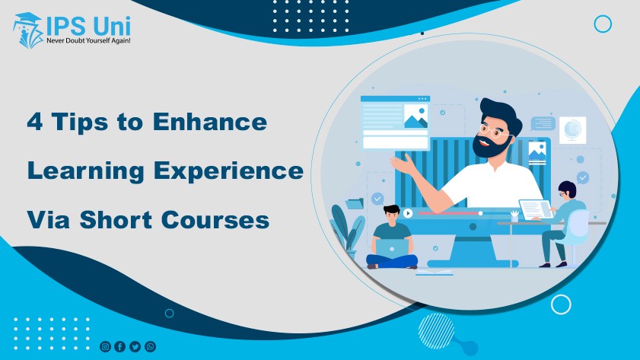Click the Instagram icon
[105, 346]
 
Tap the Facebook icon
[120, 346]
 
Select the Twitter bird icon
[135, 346]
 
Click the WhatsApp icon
[150, 346]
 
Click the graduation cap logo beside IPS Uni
[27, 30]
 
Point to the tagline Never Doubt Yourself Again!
[88, 41]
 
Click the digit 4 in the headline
[35, 122]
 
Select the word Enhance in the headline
[210, 122]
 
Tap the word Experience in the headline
[228, 171]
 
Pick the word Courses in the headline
[215, 220]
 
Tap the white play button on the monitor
[407, 213]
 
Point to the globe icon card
[572, 130]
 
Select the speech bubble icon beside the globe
[543, 123]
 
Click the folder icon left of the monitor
[355, 203]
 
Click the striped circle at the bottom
[436, 331]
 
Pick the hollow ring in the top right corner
[603, 24]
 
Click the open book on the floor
[435, 272]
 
